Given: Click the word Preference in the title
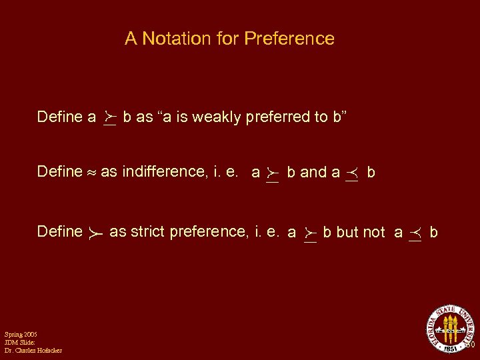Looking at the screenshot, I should [x=289, y=39].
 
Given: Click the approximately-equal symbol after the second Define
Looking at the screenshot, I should [x=91, y=173].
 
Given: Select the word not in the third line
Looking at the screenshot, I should [x=373, y=232].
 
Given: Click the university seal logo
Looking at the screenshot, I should [x=451, y=328].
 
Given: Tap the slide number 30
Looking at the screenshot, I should [x=469, y=346].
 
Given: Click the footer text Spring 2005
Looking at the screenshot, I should [x=21, y=333].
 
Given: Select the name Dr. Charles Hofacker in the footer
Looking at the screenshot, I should [x=33, y=351].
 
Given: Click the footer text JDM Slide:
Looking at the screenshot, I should [x=19, y=342].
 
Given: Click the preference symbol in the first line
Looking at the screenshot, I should [x=110, y=119].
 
